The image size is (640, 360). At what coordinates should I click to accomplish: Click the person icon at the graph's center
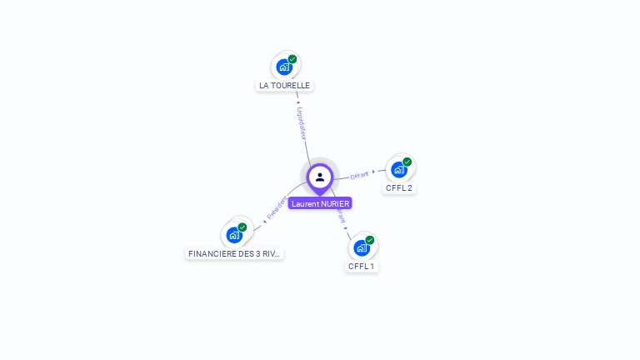320,177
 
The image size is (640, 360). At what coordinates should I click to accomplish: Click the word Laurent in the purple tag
305,203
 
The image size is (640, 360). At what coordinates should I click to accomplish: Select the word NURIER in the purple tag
335,203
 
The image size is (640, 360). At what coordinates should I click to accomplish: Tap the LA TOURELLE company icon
284,67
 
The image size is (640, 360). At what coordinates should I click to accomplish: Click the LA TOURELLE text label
284,85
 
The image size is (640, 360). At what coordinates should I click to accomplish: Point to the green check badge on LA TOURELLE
292,59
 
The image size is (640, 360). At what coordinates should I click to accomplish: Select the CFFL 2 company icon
399,169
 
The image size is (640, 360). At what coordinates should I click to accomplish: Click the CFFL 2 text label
399,187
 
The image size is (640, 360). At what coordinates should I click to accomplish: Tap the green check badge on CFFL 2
407,162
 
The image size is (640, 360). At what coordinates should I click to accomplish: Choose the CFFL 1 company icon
362,247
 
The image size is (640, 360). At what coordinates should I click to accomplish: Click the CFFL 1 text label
362,266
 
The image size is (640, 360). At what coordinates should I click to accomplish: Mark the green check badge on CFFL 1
370,240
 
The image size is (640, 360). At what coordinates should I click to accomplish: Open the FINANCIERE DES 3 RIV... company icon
234,234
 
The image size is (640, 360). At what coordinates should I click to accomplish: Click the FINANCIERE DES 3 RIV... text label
235,253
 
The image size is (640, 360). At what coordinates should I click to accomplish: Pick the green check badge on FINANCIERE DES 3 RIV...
242,227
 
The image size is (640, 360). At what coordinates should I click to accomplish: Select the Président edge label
277,207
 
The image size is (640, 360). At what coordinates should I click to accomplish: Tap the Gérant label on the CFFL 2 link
359,175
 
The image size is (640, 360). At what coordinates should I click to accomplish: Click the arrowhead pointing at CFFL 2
373,172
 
